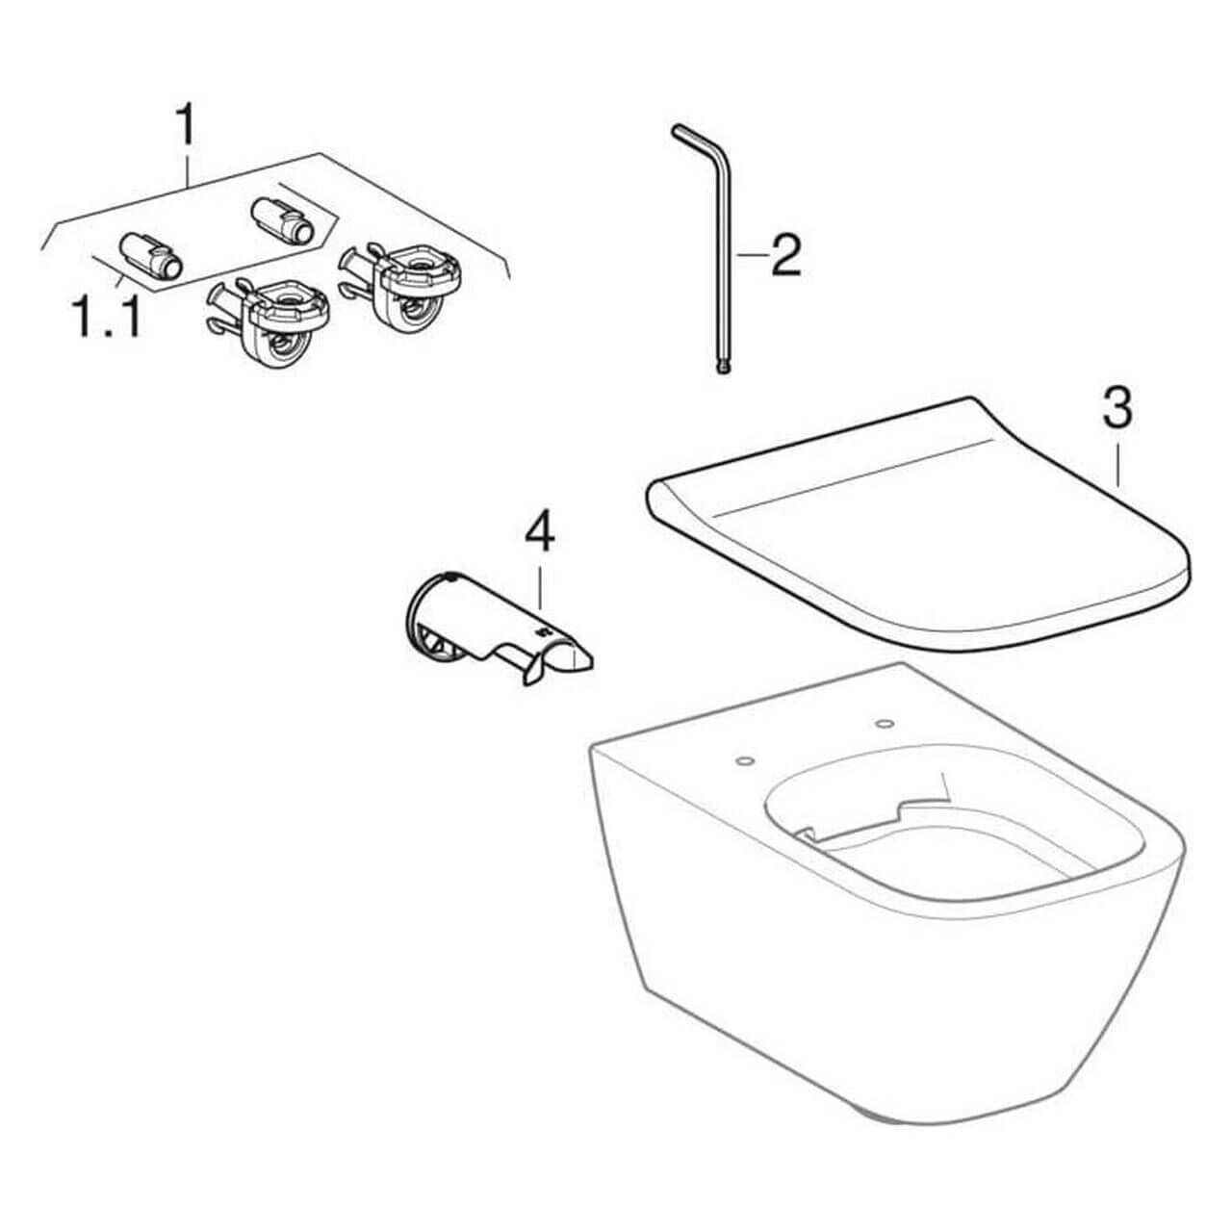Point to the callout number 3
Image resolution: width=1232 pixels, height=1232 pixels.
tap(1116, 408)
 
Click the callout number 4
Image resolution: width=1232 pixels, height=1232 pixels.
tap(539, 534)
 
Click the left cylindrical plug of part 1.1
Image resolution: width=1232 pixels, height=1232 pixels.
tap(148, 257)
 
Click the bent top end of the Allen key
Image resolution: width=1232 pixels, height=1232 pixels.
tap(691, 135)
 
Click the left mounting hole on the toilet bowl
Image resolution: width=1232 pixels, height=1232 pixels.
tap(743, 762)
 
